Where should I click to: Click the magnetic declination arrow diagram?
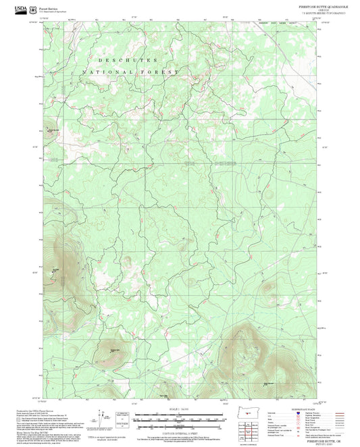102,415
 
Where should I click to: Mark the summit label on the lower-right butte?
268,365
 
